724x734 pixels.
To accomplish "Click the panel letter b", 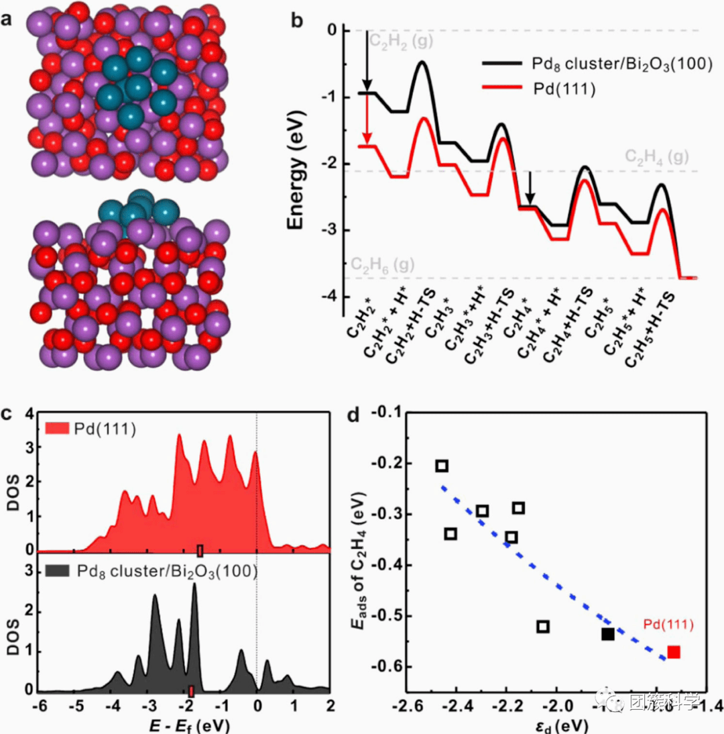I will tap(297, 20).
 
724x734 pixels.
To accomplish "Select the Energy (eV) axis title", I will tap(299, 165).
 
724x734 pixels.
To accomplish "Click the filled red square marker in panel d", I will tap(674, 651).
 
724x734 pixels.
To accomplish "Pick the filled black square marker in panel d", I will tap(608, 633).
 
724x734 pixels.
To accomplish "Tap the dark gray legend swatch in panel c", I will tap(57, 572).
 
